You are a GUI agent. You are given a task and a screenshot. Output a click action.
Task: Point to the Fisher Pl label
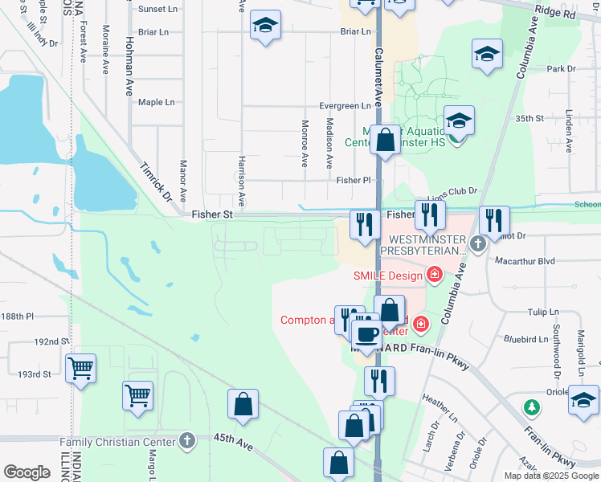pos(354,181)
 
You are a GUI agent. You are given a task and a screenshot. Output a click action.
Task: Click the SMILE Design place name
pos(387,276)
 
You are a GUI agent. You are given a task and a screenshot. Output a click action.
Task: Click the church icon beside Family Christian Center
pos(187,440)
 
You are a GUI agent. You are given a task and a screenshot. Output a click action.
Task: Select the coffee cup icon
pos(367,333)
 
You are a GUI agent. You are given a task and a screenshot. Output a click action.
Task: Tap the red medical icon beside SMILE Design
pos(435,276)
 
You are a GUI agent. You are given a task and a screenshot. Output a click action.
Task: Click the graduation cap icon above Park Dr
pos(485,54)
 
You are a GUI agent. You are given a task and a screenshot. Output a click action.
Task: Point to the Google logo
pos(27,472)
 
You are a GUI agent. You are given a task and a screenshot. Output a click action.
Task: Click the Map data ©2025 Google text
pos(551,476)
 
